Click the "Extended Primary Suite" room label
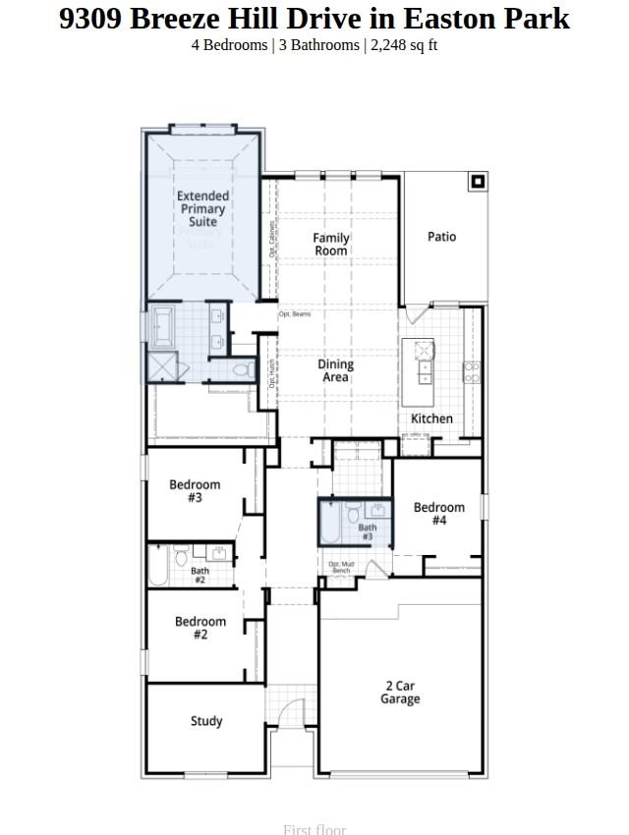pyautogui.click(x=202, y=209)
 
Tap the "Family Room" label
pyautogui.click(x=331, y=244)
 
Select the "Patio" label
pyautogui.click(x=441, y=237)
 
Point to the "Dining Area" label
pyautogui.click(x=335, y=370)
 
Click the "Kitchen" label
pyautogui.click(x=431, y=418)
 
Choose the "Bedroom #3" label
pyautogui.click(x=195, y=491)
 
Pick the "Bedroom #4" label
pyautogui.click(x=438, y=514)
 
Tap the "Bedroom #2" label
pyautogui.click(x=200, y=628)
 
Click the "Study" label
pyautogui.click(x=206, y=721)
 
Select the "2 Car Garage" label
pyautogui.click(x=400, y=693)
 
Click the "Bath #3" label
pyautogui.click(x=367, y=532)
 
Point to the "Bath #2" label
pyautogui.click(x=200, y=575)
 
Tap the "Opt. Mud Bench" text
pyautogui.click(x=341, y=568)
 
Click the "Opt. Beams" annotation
pyautogui.click(x=295, y=314)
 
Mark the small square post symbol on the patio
pyautogui.click(x=478, y=181)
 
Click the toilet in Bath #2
pyautogui.click(x=180, y=559)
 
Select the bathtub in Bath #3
pyautogui.click(x=329, y=522)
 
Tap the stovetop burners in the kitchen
pyautogui.click(x=471, y=371)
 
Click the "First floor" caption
pyautogui.click(x=314, y=829)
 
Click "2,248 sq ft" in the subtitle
pyautogui.click(x=404, y=45)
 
